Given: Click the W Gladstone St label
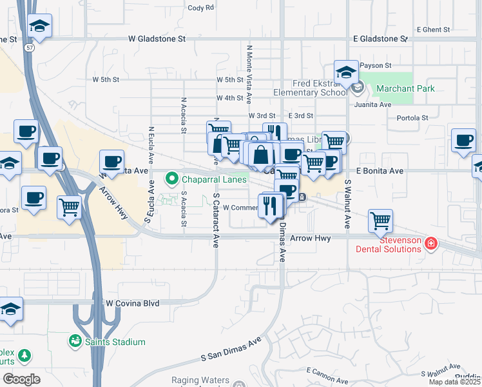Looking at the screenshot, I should (157, 39).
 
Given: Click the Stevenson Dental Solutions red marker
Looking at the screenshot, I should (431, 244).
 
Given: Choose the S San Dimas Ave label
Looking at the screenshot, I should (231, 348).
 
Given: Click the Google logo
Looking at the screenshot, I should (22, 379).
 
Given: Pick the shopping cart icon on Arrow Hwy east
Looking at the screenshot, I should (380, 221).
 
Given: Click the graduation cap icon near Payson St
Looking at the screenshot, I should (346, 72).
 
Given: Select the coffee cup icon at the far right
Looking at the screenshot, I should (463, 141).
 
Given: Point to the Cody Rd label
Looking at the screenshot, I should (200, 8).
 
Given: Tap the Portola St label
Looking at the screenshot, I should (412, 118).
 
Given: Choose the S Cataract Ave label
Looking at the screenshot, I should (215, 220).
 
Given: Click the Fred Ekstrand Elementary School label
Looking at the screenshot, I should (310, 88).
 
